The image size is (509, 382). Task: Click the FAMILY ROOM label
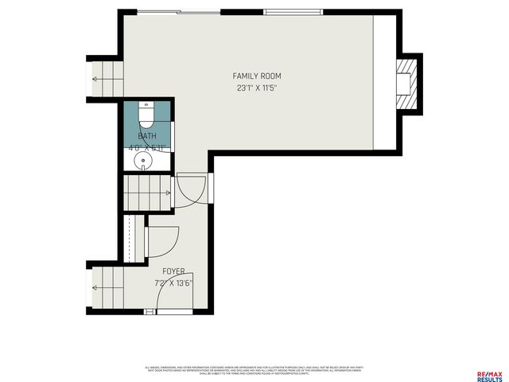(x=257, y=76)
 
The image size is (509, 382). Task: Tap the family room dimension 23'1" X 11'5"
(x=257, y=87)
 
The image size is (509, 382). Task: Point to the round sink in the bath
(x=143, y=161)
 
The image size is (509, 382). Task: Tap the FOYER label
(x=173, y=271)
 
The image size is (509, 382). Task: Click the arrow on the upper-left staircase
(x=96, y=79)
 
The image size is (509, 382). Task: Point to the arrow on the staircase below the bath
(x=166, y=193)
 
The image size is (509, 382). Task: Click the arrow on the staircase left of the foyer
(x=96, y=289)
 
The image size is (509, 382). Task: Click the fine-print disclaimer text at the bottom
(x=254, y=370)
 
